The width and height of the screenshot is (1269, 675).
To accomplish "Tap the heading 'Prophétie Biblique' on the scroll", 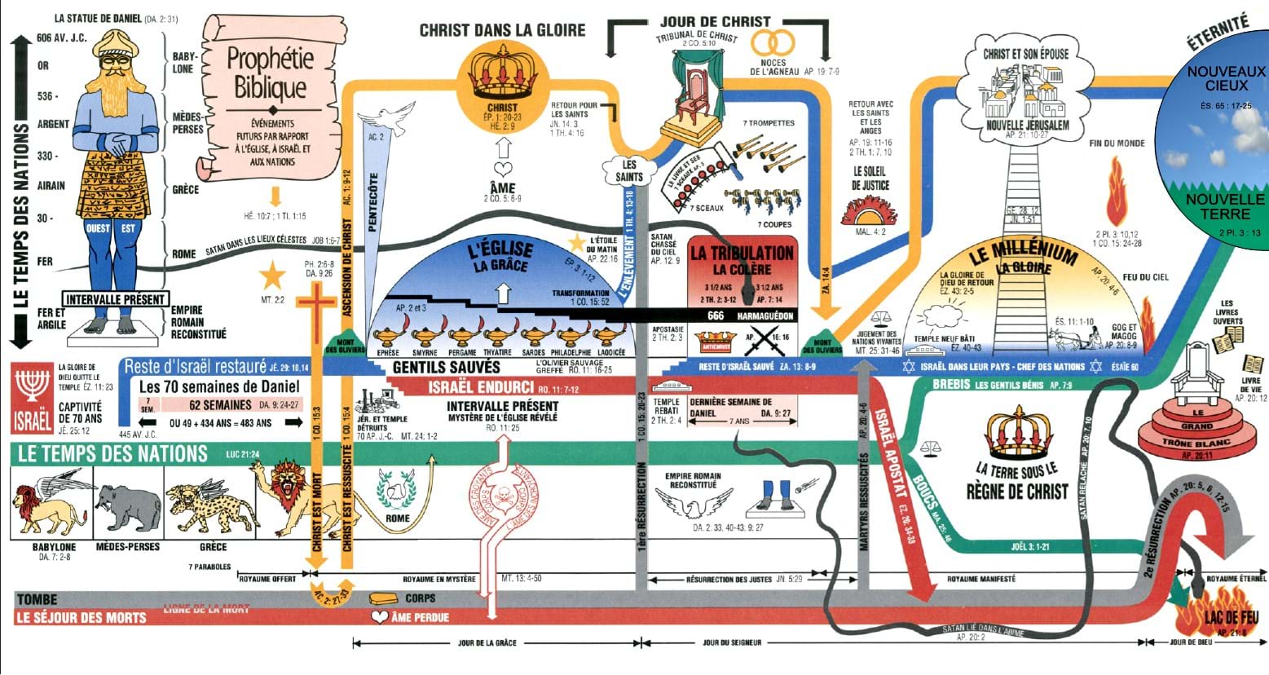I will click(x=270, y=73).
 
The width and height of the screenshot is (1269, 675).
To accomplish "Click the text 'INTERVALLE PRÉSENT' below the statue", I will click(x=116, y=299).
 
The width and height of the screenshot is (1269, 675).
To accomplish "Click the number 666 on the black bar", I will click(x=716, y=315).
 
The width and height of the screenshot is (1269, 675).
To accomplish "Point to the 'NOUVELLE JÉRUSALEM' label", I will click(x=1027, y=126).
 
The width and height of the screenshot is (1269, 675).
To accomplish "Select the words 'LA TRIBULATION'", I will click(x=742, y=253).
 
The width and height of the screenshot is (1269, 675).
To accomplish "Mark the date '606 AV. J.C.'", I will click(x=62, y=37).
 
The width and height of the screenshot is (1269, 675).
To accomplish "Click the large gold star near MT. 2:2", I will click(x=271, y=276).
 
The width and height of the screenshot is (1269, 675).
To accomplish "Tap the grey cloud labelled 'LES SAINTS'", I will click(x=628, y=170).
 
